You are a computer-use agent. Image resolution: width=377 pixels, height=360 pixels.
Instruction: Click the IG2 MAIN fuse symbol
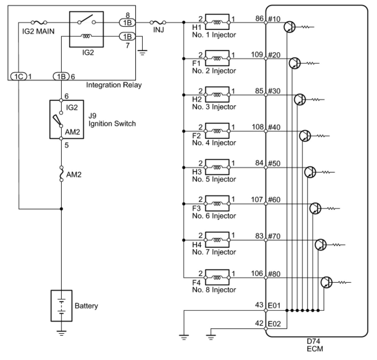click(x=39, y=23)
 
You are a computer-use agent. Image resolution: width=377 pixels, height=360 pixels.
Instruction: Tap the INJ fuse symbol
click(x=158, y=23)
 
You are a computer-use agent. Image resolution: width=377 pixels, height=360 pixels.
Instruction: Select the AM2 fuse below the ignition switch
click(x=61, y=173)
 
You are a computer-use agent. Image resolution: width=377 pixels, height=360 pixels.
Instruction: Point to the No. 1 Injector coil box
click(x=217, y=22)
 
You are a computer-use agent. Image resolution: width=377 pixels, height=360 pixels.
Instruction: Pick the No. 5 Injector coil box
click(x=217, y=167)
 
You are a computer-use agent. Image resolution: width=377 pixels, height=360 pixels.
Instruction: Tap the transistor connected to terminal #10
click(x=289, y=27)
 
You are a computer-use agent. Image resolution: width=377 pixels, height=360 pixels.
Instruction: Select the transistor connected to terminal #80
click(x=327, y=282)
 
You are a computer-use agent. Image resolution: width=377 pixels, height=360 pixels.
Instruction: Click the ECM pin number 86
click(x=260, y=18)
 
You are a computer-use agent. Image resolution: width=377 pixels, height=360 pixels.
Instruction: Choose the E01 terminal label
click(x=274, y=306)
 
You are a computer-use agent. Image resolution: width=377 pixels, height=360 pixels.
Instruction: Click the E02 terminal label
click(x=274, y=324)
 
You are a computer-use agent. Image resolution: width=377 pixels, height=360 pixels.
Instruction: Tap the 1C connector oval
click(x=19, y=77)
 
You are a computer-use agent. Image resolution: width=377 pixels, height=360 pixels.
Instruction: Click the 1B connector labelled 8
click(x=127, y=23)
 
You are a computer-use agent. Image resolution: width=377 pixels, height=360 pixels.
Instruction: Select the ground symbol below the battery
click(x=61, y=333)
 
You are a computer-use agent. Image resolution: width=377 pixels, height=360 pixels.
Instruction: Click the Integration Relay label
click(x=114, y=85)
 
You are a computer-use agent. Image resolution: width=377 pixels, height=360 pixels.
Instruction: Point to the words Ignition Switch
click(x=112, y=124)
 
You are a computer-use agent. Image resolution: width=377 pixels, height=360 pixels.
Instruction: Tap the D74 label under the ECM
click(x=313, y=341)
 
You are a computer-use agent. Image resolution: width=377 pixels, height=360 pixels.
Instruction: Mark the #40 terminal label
click(x=274, y=127)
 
